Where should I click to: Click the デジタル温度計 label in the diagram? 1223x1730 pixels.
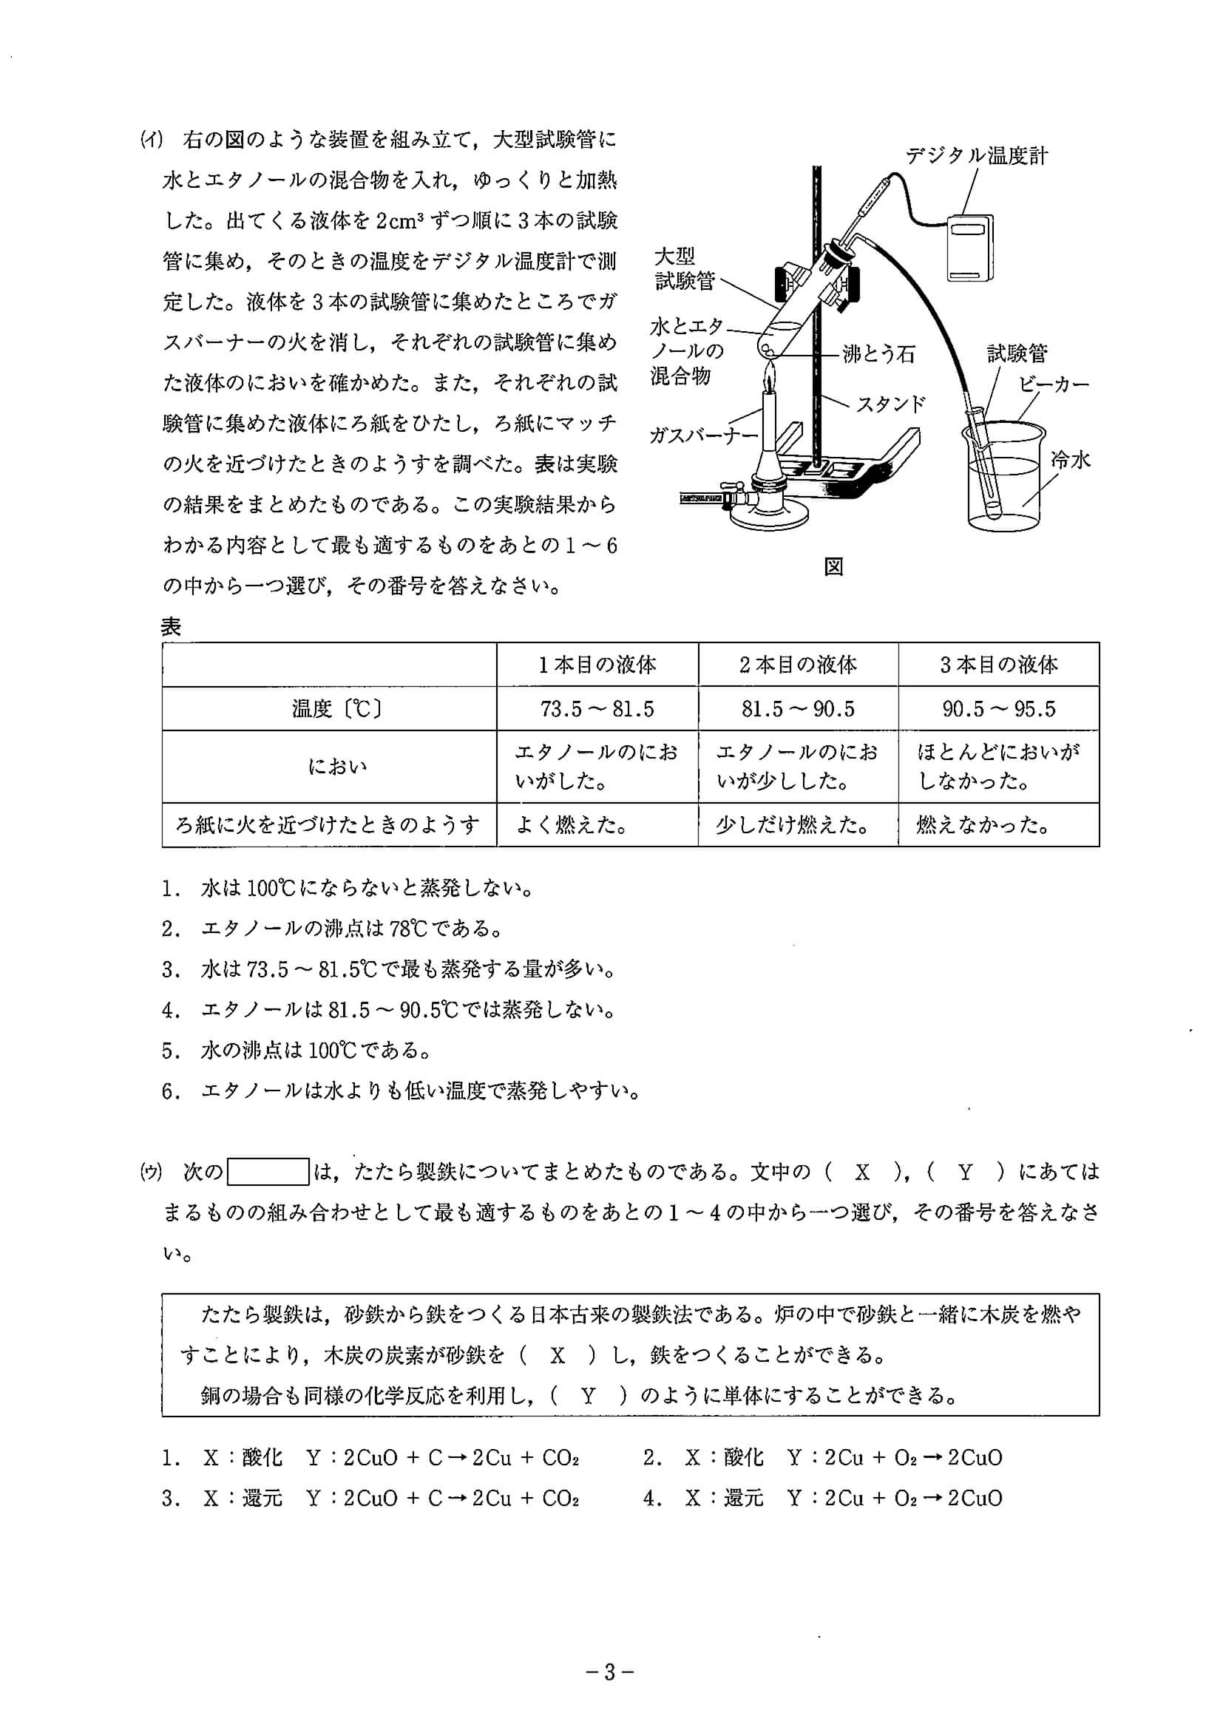(x=976, y=156)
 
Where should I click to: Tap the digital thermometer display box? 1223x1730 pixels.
(x=970, y=248)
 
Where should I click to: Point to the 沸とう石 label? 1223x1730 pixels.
(x=878, y=353)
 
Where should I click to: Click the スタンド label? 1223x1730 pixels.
(x=890, y=404)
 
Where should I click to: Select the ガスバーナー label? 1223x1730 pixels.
(x=703, y=435)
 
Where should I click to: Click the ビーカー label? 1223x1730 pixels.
(x=1054, y=384)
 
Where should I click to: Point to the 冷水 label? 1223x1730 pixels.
(x=1070, y=460)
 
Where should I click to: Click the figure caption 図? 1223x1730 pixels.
(x=833, y=566)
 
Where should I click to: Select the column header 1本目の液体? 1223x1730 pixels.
(x=597, y=665)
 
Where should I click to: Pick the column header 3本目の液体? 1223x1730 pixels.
(x=998, y=665)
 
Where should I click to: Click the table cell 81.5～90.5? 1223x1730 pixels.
(x=798, y=709)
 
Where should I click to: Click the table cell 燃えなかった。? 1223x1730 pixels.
(x=983, y=826)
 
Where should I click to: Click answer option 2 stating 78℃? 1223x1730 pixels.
(x=332, y=929)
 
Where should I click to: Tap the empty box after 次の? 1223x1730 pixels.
(x=268, y=1172)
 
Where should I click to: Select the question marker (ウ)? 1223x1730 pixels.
(x=152, y=1172)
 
